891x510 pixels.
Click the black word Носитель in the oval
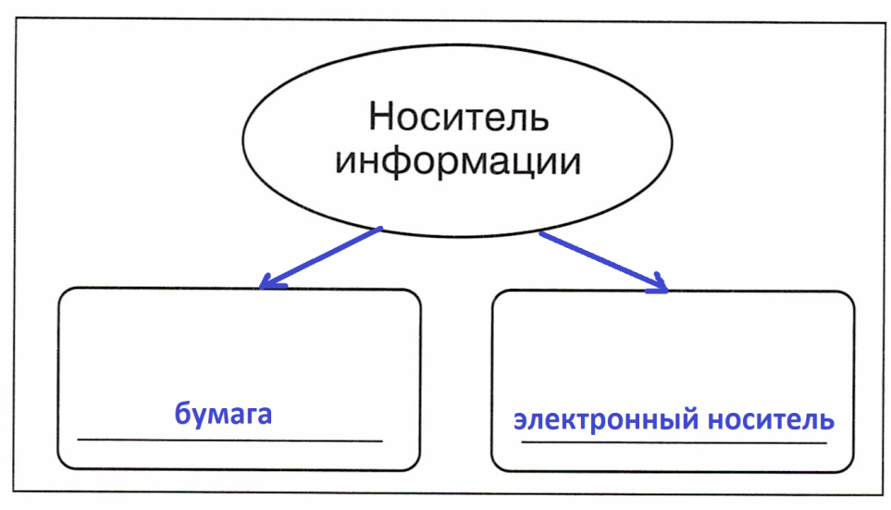click(459, 117)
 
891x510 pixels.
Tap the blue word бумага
click(223, 414)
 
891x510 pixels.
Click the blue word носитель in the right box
click(771, 419)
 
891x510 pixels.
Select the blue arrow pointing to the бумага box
click(320, 257)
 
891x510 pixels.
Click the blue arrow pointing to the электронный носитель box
click(603, 262)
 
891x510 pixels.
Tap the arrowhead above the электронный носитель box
click(658, 284)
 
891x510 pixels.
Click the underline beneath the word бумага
click(230, 440)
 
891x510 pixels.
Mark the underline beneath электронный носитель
click(674, 442)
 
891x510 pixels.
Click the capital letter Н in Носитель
click(382, 117)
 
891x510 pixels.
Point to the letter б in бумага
click(183, 413)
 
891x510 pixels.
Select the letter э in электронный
click(521, 421)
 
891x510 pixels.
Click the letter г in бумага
click(247, 416)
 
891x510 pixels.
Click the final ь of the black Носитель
click(538, 121)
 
